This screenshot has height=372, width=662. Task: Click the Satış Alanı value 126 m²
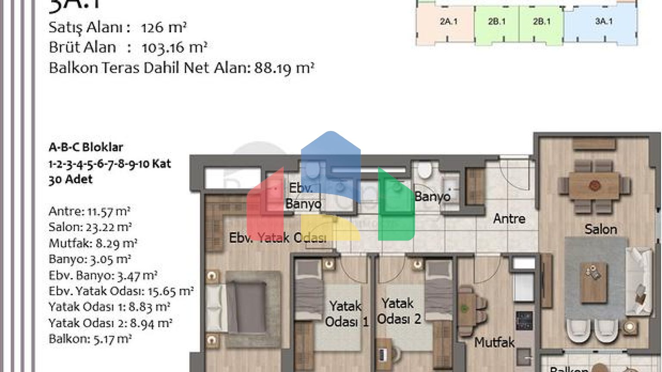click(x=164, y=28)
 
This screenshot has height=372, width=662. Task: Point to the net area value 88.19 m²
click(x=284, y=68)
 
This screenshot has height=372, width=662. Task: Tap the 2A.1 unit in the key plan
click(x=448, y=22)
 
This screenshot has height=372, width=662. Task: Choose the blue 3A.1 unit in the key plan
click(x=603, y=22)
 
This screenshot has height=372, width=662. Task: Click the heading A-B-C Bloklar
click(x=86, y=147)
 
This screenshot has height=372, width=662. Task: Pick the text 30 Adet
click(x=70, y=179)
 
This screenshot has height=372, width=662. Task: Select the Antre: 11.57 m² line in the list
click(x=89, y=211)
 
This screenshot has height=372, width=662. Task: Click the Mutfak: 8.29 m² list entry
click(x=93, y=243)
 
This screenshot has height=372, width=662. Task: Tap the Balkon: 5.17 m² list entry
click(x=90, y=339)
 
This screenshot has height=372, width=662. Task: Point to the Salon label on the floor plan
click(x=600, y=229)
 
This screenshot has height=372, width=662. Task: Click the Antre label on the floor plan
click(x=509, y=218)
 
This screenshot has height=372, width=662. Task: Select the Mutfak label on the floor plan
click(x=494, y=343)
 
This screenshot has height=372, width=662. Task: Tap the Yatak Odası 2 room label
click(x=399, y=311)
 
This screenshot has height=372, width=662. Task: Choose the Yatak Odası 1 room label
click(x=346, y=314)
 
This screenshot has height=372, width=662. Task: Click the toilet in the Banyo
click(x=425, y=170)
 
